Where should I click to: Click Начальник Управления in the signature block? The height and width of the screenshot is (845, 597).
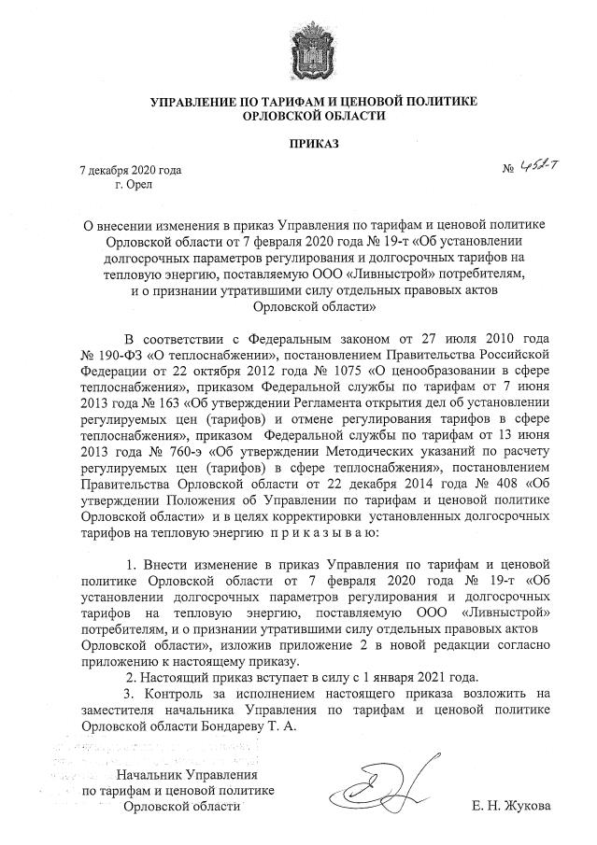point(185,775)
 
